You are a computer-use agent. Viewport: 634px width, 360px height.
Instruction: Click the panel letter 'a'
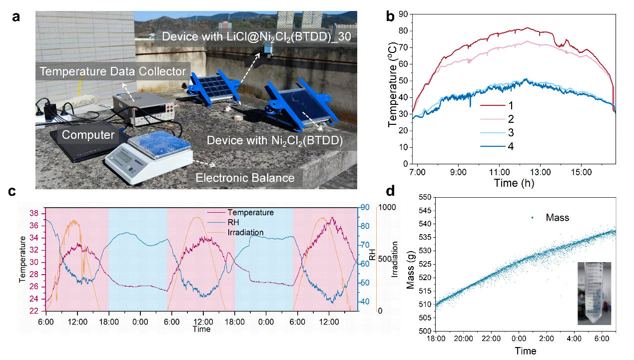coord(16,17)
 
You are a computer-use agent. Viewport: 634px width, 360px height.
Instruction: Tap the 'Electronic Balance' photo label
coord(245,177)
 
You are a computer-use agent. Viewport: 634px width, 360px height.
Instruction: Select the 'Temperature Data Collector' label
coord(113,71)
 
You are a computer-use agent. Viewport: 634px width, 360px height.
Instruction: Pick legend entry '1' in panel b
coord(510,106)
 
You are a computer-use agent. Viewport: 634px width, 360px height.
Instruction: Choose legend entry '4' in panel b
coord(510,146)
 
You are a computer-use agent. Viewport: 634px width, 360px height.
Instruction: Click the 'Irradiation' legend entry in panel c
coord(245,233)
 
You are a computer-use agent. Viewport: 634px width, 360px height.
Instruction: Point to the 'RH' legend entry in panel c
coord(233,223)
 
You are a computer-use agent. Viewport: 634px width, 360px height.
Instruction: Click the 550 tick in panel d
coord(425,198)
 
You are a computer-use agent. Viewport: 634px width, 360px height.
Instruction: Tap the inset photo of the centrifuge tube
coord(594,294)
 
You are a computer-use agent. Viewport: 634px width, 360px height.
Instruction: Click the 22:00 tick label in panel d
coord(491,339)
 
